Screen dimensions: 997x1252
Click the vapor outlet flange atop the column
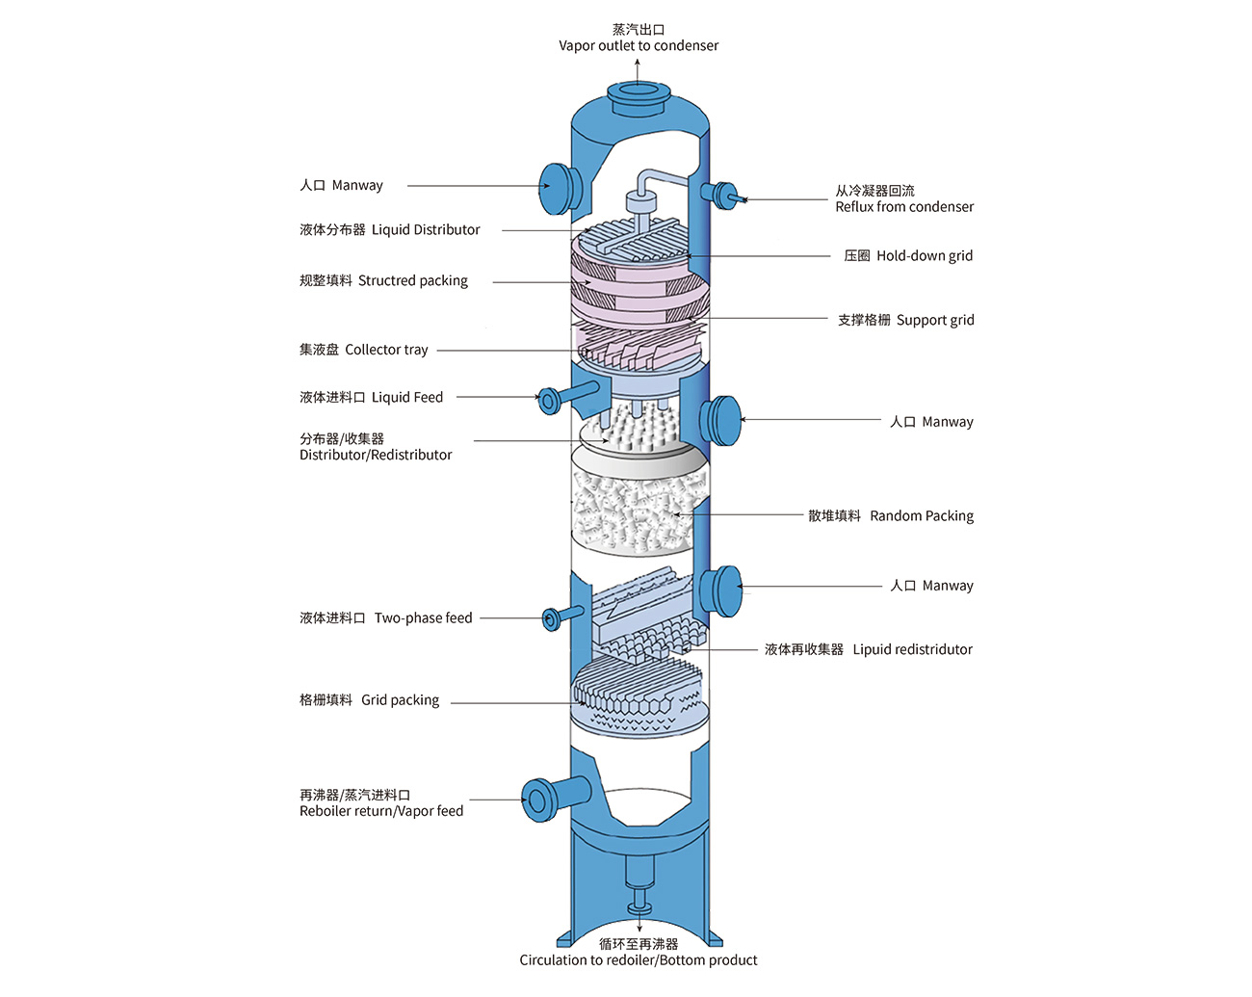coord(639,92)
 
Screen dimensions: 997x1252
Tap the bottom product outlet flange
coord(639,907)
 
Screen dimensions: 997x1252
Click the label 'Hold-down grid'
coord(924,256)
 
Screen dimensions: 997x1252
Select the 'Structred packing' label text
coord(412,281)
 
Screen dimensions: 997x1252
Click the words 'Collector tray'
coord(386,350)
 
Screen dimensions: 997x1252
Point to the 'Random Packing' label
coord(921,516)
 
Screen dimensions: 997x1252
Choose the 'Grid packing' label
coord(400,700)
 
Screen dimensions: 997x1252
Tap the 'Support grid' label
coord(934,321)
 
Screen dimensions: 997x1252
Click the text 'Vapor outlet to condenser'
coord(639,46)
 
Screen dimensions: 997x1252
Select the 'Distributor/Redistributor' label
coord(376,455)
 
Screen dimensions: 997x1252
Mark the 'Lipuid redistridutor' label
coord(912,650)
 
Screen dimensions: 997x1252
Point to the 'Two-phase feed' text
coord(423,618)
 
